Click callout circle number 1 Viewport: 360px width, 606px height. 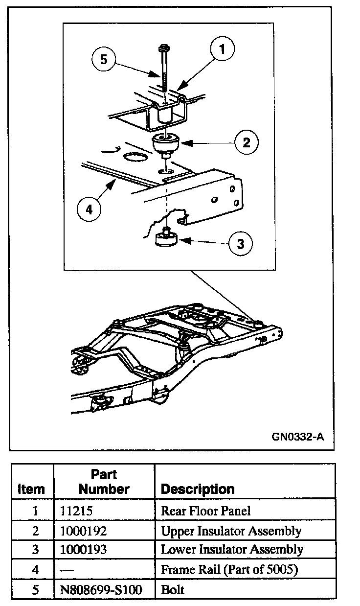pos(222,49)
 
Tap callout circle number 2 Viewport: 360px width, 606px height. pos(246,142)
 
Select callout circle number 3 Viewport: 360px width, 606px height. pos(240,243)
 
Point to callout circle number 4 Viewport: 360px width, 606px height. pos(89,210)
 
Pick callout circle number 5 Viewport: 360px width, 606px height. pos(103,60)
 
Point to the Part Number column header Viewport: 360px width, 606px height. pos(104,482)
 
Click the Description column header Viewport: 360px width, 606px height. pos(198,489)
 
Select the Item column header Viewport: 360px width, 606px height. pos(31,489)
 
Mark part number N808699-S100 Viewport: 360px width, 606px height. pos(100,589)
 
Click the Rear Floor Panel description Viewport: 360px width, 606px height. pos(206,511)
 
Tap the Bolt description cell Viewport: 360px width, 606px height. pos(173,589)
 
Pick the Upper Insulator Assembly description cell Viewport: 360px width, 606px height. pos(231,530)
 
